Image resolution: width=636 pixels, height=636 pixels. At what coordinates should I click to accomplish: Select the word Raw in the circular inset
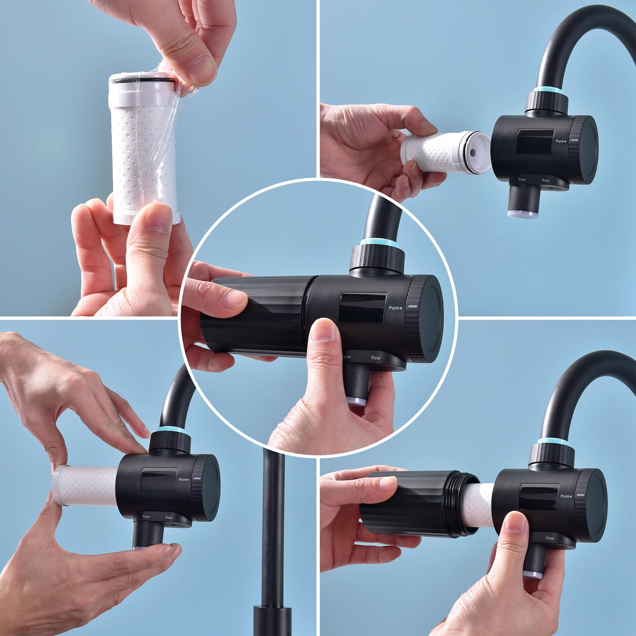(376, 358)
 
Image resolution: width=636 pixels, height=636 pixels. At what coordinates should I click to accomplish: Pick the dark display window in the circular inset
(363, 308)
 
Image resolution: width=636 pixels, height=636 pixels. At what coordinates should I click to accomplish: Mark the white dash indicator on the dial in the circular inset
(413, 306)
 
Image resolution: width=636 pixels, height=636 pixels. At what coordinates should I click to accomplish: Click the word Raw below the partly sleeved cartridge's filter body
(550, 538)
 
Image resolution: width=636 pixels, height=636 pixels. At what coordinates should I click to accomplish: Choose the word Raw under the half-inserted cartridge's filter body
(169, 517)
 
